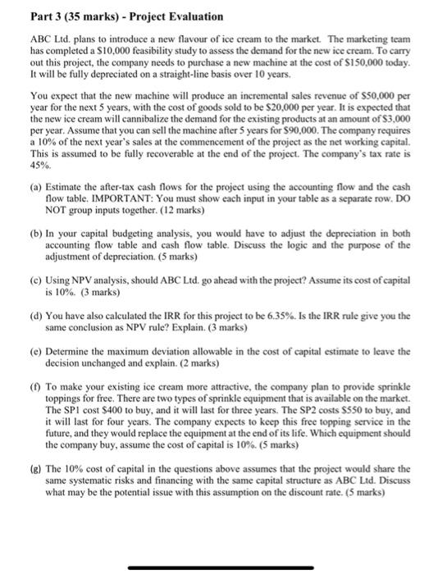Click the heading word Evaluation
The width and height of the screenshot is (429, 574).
pyautogui.click(x=171, y=16)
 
